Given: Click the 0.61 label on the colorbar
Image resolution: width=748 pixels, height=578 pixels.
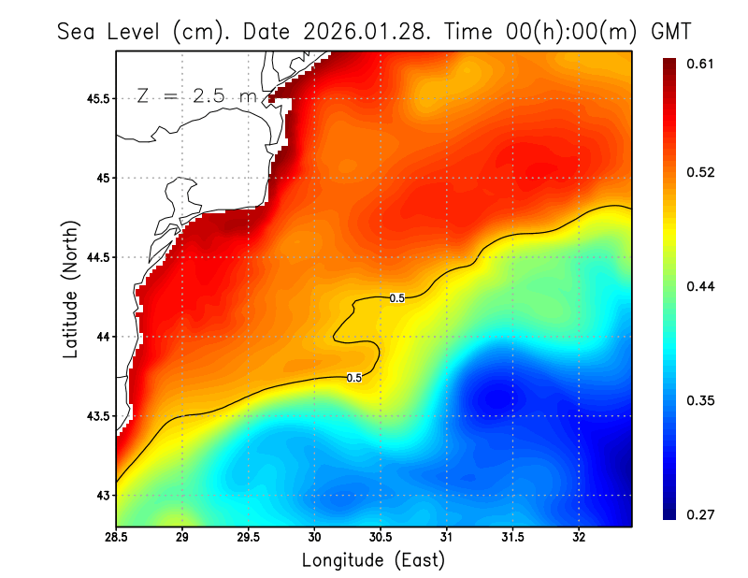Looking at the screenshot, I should [701, 64].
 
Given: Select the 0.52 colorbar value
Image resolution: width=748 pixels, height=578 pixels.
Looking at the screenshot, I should [701, 172].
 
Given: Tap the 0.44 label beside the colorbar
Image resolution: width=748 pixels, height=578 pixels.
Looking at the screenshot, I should [701, 286].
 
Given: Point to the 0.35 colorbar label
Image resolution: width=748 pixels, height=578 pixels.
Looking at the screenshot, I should [701, 400].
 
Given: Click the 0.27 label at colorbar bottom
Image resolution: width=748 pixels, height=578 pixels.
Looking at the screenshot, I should [701, 514].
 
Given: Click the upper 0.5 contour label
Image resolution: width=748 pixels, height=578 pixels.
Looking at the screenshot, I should [397, 298].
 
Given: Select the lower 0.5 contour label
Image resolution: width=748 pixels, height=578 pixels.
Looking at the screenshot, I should [354, 378].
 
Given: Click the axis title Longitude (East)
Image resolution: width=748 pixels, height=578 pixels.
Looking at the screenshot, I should [373, 560].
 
